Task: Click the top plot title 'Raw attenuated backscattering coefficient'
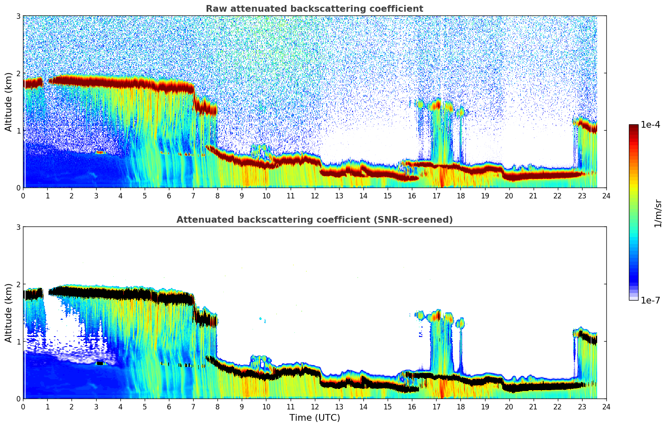314,9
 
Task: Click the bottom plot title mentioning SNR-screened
314,220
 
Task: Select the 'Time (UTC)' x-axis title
314,417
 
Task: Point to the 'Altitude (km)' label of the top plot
9,102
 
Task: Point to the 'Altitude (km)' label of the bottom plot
9,313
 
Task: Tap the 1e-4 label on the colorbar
650,125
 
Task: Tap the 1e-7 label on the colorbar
650,300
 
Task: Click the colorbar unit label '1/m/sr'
658,213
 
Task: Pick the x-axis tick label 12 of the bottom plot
314,407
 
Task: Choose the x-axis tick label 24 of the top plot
606,196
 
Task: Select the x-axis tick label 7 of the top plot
193,196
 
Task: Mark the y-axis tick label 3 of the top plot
18,16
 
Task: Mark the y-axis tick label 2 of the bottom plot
18,284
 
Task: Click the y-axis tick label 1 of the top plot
18,131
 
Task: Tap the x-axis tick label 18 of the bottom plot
460,407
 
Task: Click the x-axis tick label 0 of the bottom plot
23,407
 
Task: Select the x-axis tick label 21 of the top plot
533,196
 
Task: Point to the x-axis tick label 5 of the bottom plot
145,407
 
